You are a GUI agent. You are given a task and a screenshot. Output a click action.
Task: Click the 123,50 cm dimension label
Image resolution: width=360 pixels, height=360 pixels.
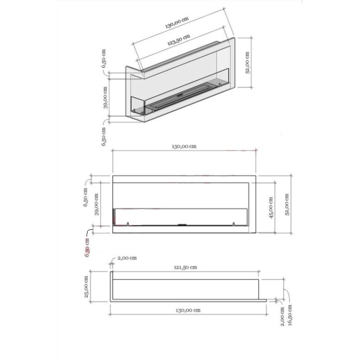179,40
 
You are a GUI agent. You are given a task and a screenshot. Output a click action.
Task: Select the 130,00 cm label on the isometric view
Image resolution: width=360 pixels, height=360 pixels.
177,22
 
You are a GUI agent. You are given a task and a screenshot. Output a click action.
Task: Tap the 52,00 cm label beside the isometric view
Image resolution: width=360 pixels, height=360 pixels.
247,63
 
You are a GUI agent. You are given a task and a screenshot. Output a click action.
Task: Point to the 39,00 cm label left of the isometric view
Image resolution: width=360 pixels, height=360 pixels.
105,97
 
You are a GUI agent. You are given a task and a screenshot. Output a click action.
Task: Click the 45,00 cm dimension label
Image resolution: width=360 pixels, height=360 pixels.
271,207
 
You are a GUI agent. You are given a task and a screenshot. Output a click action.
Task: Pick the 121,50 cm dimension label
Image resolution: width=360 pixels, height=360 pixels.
185,267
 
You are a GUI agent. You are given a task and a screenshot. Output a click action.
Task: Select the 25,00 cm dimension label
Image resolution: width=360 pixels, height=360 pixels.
87,287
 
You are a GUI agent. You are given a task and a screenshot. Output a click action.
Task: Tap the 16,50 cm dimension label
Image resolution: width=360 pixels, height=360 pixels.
290,315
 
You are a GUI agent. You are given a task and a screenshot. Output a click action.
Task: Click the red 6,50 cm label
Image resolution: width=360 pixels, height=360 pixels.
87,248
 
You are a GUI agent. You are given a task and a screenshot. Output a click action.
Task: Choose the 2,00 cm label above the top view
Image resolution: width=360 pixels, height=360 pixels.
127,258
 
